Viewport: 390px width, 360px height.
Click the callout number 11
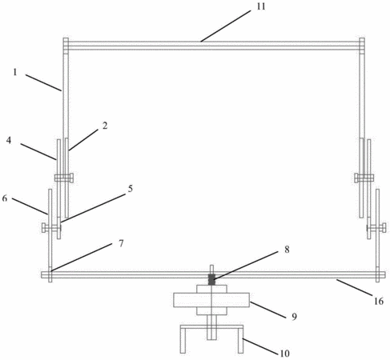(261, 6)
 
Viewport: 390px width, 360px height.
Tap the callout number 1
(15, 72)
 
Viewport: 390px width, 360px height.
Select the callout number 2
(105, 126)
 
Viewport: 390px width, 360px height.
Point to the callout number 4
(9, 140)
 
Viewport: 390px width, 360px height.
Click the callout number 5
(131, 189)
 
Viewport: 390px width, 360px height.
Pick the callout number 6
(5, 198)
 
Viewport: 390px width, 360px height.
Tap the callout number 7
(121, 243)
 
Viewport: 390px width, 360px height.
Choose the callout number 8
(287, 250)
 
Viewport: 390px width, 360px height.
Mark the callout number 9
(294, 317)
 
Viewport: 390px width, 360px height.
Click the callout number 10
(285, 354)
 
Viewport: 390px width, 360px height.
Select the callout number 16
(379, 302)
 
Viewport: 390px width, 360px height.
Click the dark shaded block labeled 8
(211, 279)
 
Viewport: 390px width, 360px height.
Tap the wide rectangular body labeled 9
(211, 300)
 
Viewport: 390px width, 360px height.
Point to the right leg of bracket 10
(240, 340)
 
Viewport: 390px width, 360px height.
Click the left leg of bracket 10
(183, 340)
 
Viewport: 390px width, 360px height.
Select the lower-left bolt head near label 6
(44, 228)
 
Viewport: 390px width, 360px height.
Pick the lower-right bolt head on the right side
(384, 228)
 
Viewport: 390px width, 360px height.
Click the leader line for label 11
(226, 26)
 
